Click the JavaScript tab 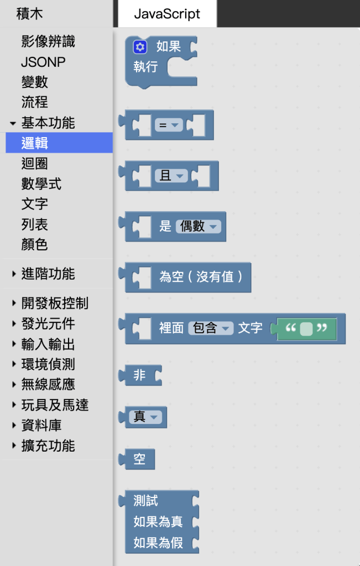click(167, 14)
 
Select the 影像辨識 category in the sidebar click(48, 42)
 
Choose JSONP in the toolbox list click(43, 62)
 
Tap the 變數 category click(35, 82)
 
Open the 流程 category click(35, 102)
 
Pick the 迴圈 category click(35, 164)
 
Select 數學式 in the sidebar click(41, 184)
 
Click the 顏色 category click(35, 244)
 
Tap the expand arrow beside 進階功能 click(14, 274)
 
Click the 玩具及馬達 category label click(55, 405)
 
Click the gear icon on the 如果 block click(140, 47)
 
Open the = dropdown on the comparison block click(169, 125)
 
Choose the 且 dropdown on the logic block click(171, 176)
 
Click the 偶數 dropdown click(198, 226)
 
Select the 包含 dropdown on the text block click(211, 328)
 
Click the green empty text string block click(306, 328)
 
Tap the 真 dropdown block click(145, 417)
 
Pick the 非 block click(140, 375)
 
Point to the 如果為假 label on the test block click(158, 543)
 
